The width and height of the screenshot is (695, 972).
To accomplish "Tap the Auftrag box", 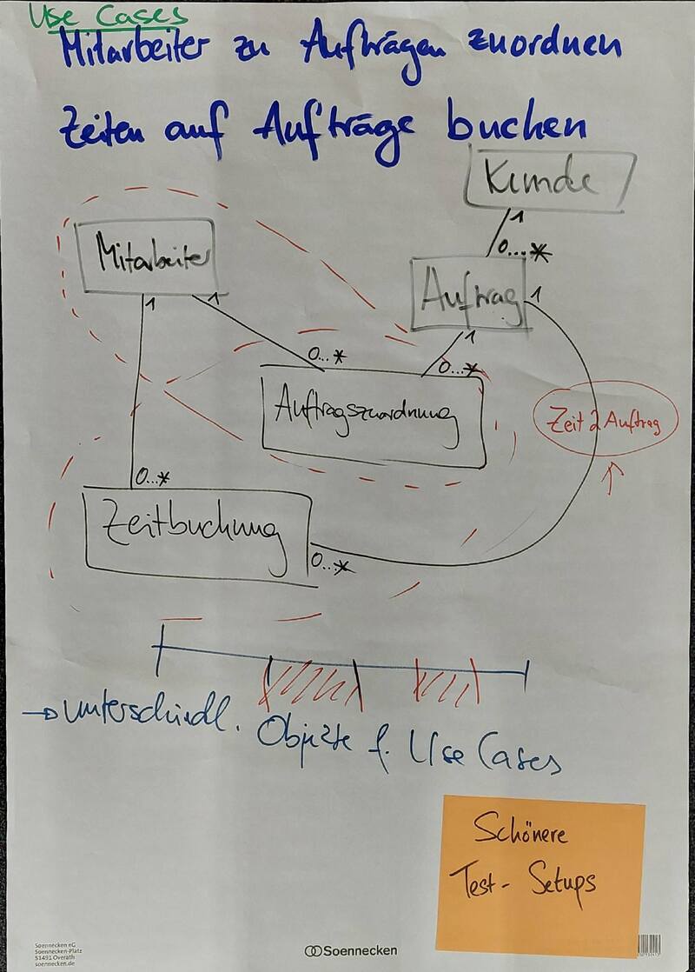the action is click(469, 295).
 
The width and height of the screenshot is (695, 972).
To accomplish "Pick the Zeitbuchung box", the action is click(198, 534).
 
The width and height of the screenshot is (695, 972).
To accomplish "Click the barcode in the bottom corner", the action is click(648, 945).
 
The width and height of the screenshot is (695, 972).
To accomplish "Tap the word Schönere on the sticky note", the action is click(520, 833).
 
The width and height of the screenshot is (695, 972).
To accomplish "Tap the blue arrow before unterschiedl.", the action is click(42, 713).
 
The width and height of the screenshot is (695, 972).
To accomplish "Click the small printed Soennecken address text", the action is click(55, 955).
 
